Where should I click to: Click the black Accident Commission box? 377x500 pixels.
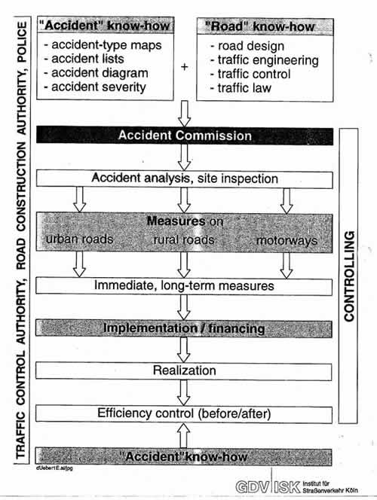click(185, 136)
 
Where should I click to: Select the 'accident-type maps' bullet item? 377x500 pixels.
click(103, 45)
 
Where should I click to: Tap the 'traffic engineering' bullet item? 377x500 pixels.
click(265, 60)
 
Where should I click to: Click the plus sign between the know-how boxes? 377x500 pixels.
click(185, 67)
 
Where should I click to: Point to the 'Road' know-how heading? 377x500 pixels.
click(260, 26)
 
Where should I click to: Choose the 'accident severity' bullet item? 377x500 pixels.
click(95, 87)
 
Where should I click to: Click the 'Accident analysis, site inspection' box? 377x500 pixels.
click(185, 178)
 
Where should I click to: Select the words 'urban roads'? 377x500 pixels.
click(79, 239)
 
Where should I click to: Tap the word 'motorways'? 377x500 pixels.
click(287, 241)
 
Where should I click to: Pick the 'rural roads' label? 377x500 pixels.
click(183, 239)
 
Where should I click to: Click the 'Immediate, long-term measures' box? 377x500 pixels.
click(184, 285)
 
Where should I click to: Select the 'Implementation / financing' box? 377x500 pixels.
click(184, 329)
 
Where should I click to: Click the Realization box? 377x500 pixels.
click(184, 370)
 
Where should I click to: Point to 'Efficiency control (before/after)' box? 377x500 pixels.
click(184, 414)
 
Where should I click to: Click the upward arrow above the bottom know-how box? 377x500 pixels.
click(183, 435)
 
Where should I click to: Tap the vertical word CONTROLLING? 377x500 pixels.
click(349, 276)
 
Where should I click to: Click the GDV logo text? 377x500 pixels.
click(252, 487)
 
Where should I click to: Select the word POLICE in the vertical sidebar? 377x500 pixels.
click(22, 41)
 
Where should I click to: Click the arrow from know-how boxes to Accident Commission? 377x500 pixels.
click(184, 114)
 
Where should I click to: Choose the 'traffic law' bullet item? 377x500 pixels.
click(241, 88)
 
